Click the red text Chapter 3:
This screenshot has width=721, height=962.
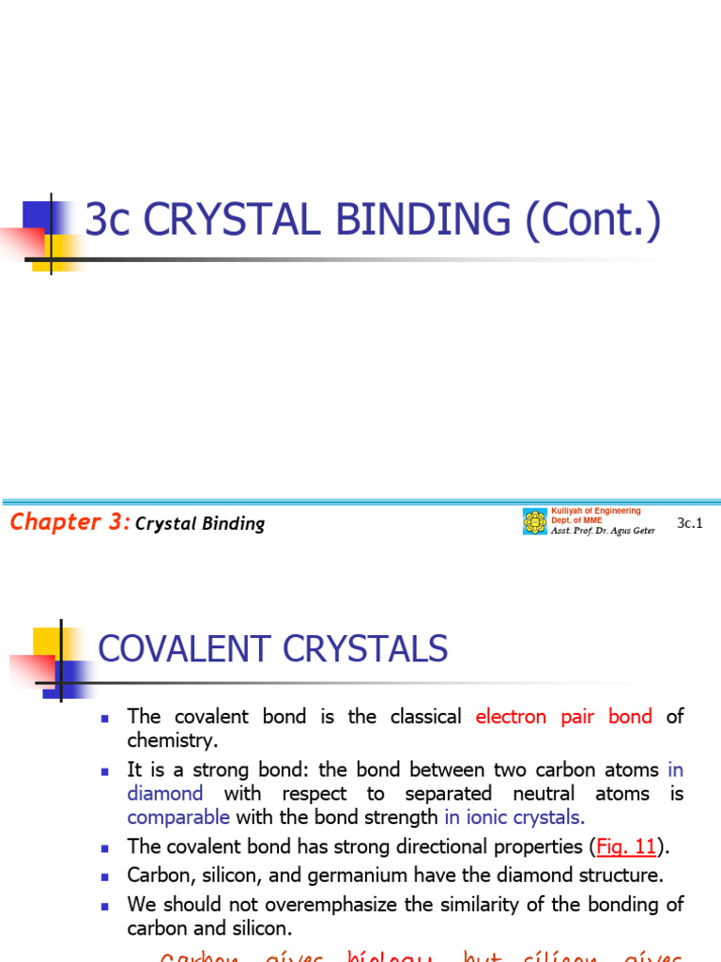(x=69, y=522)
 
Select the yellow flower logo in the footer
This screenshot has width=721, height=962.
(x=534, y=522)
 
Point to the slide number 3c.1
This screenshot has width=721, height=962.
(x=689, y=523)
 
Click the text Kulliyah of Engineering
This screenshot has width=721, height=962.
(x=595, y=511)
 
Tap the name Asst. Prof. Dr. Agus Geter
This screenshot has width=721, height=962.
(x=602, y=531)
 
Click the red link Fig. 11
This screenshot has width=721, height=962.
(x=626, y=846)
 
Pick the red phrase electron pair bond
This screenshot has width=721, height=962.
(x=563, y=717)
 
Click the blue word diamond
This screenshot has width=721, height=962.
(x=165, y=793)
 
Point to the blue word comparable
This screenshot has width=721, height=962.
(x=178, y=816)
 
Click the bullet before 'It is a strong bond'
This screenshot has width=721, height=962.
(x=106, y=771)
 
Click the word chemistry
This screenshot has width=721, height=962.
(x=172, y=740)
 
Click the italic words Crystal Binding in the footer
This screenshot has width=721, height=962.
(x=200, y=524)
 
